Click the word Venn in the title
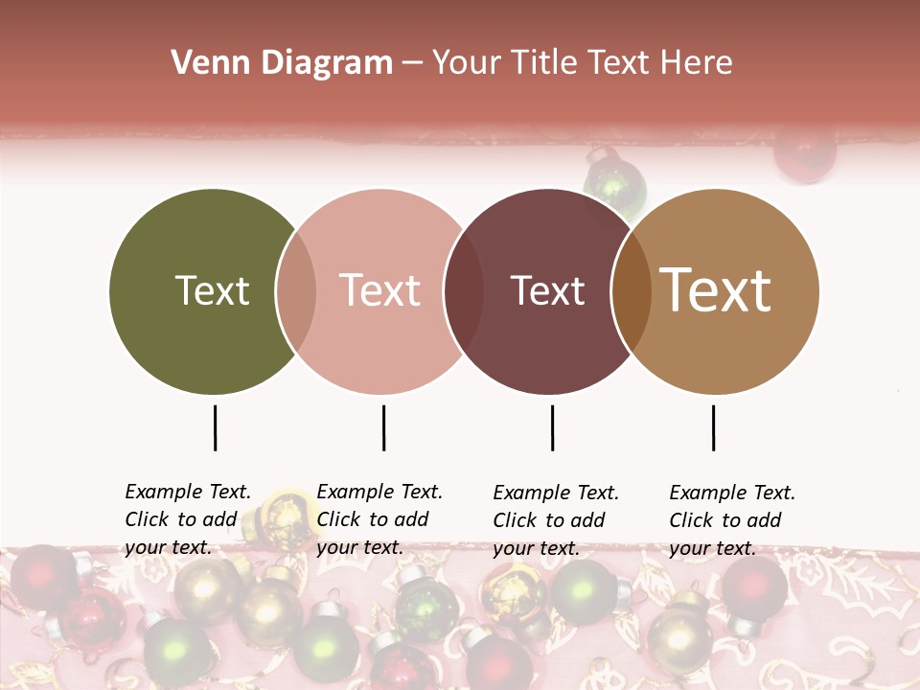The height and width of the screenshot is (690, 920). coord(204,63)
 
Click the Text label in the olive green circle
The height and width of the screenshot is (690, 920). coord(212,290)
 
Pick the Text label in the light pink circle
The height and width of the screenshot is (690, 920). coord(380,290)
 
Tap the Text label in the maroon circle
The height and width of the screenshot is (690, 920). coord(547,290)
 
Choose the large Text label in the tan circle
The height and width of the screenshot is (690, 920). coord(716,290)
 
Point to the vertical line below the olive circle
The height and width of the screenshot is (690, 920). coord(215,427)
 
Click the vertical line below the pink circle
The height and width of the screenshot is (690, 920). coord(383,427)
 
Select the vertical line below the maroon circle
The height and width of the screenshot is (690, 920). coord(552,427)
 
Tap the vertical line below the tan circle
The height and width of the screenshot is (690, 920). coord(713,427)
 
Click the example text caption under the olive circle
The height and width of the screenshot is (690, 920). coord(188,519)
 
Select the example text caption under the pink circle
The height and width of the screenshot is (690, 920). coord(379,519)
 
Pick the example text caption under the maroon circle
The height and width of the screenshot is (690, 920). coord(556,520)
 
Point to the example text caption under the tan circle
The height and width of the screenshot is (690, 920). coord(732,520)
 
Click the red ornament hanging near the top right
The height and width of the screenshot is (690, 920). coord(805,153)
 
